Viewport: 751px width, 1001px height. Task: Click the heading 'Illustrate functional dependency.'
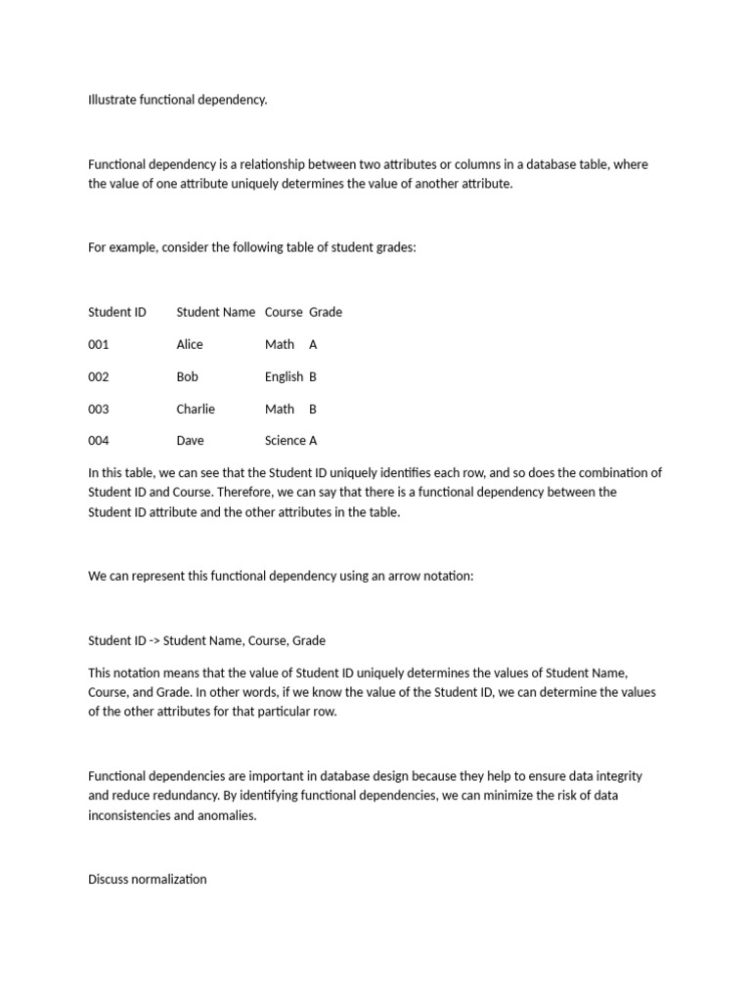tap(177, 100)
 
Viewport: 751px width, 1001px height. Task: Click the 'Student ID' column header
tap(117, 312)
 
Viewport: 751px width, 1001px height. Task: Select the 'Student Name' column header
tap(216, 312)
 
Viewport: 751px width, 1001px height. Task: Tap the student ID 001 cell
tap(99, 344)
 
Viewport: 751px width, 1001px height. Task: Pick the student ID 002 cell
tap(99, 376)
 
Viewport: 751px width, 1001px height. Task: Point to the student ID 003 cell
tap(99, 409)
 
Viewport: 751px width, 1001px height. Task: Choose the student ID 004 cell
tap(99, 440)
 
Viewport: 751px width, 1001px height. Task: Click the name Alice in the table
tap(190, 344)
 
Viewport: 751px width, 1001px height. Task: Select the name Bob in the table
tap(187, 376)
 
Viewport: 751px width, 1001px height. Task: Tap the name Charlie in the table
tap(196, 409)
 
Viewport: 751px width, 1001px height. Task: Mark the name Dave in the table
tap(191, 440)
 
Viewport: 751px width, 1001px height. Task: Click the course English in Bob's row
tap(284, 376)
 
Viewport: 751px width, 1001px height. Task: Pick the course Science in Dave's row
tap(285, 440)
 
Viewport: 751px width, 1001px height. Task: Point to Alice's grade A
tap(313, 344)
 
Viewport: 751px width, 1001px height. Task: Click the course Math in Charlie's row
tap(280, 409)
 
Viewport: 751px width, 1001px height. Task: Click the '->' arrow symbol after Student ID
tap(154, 640)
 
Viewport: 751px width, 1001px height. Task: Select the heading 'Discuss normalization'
tap(148, 879)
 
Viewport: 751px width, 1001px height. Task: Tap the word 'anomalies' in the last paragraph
tap(228, 815)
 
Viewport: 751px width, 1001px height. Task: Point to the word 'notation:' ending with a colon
tap(449, 576)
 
